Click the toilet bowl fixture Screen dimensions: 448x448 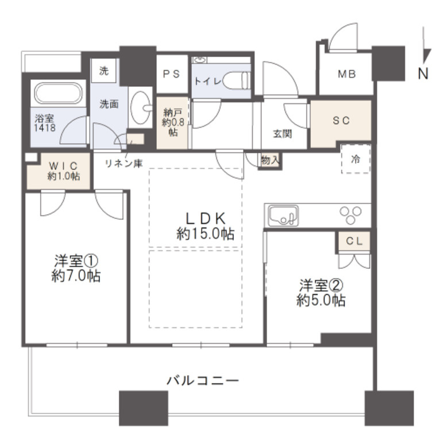(x=236, y=81)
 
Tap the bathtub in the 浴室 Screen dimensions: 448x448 (x=58, y=93)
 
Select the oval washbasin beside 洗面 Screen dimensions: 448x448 (x=141, y=107)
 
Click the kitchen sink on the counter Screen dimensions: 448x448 (x=283, y=216)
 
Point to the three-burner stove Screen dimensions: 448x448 (x=350, y=215)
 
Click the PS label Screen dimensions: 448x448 (x=171, y=74)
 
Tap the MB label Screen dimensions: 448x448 (x=346, y=74)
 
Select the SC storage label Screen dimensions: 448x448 (x=341, y=121)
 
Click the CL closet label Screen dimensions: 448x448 (x=354, y=241)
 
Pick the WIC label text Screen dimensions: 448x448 (x=63, y=166)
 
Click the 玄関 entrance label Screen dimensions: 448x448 (x=282, y=134)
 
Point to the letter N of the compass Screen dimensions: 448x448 (x=423, y=74)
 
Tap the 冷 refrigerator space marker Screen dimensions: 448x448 (x=356, y=159)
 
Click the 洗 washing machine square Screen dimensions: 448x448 (x=104, y=71)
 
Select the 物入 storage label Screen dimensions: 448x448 (x=269, y=160)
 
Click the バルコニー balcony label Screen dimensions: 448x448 (x=203, y=381)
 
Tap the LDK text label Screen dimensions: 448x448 (x=206, y=219)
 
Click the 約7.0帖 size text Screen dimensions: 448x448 (x=76, y=276)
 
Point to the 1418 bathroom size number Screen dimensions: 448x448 (x=45, y=128)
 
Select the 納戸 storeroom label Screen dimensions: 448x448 (x=172, y=113)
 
